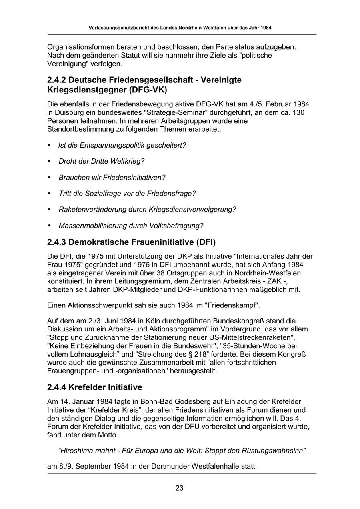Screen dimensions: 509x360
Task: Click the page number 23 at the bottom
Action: (x=179, y=488)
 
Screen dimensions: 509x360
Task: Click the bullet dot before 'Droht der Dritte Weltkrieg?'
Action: (x=50, y=161)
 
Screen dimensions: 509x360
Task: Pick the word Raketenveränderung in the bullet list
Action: (x=92, y=209)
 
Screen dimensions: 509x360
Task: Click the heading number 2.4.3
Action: (x=56, y=242)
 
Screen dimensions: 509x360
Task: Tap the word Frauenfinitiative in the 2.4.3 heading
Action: (x=158, y=242)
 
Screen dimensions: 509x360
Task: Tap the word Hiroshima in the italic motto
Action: (x=76, y=451)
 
